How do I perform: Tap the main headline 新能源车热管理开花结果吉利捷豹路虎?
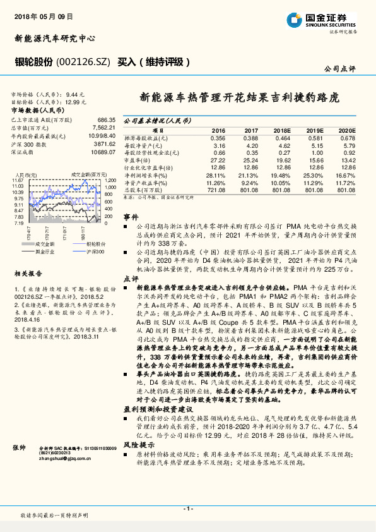[239, 99]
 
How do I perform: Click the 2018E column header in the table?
[281, 130]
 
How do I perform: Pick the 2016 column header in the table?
[218, 130]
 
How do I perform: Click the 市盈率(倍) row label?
[138, 160]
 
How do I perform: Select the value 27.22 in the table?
[217, 160]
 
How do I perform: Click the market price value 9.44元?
[75, 94]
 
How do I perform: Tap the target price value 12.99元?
[75, 102]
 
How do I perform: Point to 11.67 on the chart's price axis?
[18, 181]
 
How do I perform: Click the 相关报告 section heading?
[28, 274]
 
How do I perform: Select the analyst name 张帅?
[20, 447]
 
